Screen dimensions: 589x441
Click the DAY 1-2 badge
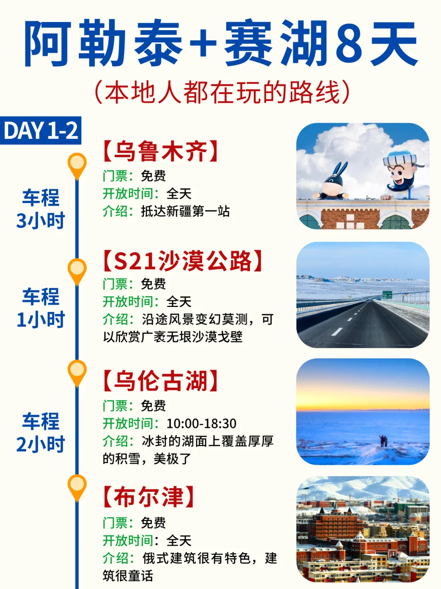[40, 131]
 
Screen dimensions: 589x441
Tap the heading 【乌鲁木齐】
[160, 151]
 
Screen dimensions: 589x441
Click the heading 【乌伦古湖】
[160, 381]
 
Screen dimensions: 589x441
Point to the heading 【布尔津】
[148, 497]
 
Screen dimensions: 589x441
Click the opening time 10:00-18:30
[201, 424]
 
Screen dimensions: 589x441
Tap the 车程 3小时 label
[40, 209]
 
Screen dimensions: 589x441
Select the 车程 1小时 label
[40, 308]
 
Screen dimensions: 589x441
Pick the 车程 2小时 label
[40, 432]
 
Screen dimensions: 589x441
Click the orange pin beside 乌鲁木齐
[77, 164]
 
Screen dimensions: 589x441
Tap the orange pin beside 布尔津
[77, 486]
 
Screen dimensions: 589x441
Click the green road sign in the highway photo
[387, 295]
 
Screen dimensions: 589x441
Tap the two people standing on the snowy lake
[383, 441]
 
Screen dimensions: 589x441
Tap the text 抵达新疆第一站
[185, 211]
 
